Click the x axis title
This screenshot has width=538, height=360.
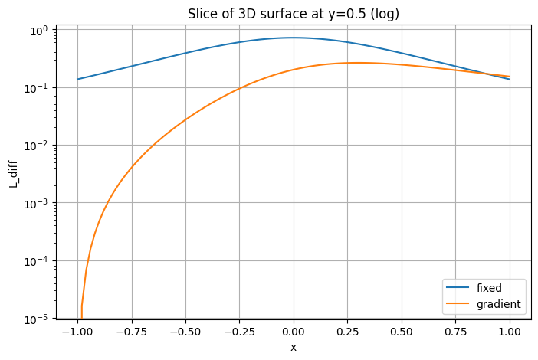(293, 347)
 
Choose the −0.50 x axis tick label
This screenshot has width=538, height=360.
(184, 333)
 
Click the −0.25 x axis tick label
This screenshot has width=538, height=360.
(238, 333)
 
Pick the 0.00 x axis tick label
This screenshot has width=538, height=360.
(294, 333)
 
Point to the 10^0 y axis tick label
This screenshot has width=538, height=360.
(36, 30)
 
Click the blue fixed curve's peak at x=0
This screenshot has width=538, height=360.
(294, 38)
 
